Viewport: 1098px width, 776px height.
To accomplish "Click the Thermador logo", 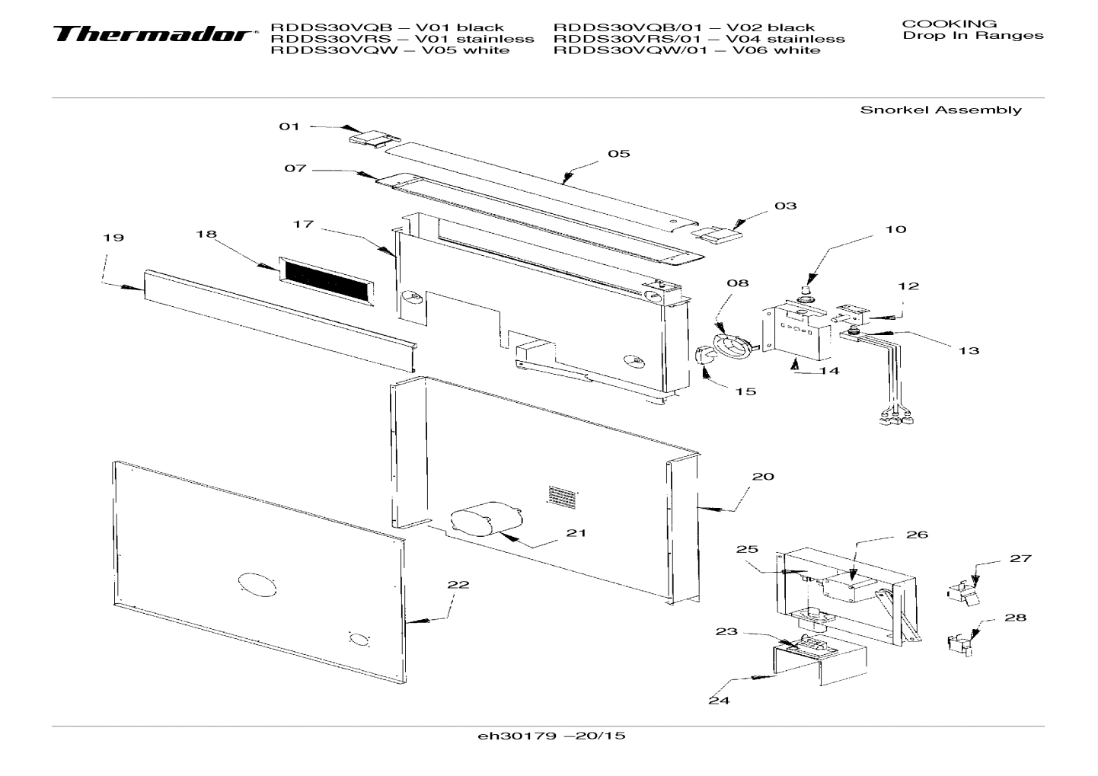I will (x=152, y=34).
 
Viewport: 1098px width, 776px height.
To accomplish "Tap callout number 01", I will (x=289, y=126).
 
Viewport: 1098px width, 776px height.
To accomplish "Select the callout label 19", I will (x=113, y=238).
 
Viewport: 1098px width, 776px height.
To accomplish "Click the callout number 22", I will (x=458, y=585).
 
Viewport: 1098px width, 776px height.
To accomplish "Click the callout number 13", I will (x=969, y=351).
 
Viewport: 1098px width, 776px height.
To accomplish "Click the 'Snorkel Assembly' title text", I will (x=940, y=110).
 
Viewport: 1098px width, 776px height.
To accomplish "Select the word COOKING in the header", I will (x=949, y=24).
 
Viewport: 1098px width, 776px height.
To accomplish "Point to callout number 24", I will (x=719, y=700).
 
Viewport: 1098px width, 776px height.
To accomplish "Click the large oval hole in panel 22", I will (x=257, y=586).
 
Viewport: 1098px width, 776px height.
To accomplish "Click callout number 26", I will (x=917, y=535).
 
